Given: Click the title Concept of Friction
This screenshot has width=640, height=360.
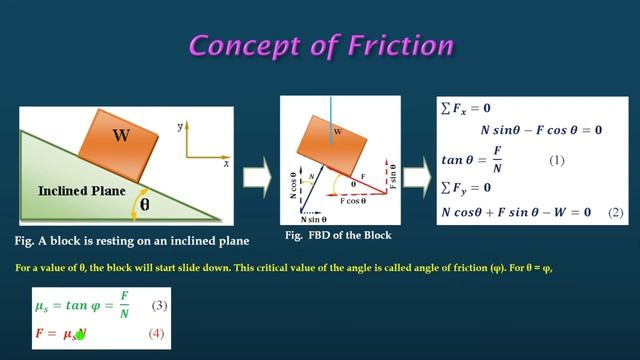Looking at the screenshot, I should point(320,46).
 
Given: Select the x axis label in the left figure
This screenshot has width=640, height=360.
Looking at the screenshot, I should point(227,162).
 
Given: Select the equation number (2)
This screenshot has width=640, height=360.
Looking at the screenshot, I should point(615,212).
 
